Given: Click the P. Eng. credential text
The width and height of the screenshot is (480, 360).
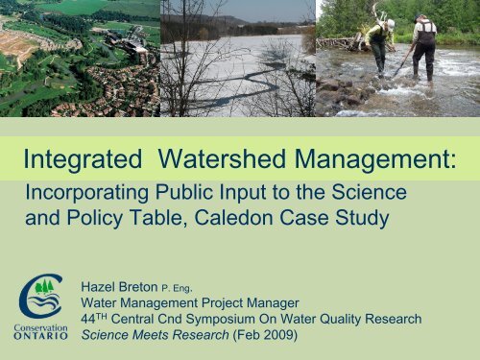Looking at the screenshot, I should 188,288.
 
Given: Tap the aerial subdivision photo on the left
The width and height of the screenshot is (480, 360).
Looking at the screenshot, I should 79,58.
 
